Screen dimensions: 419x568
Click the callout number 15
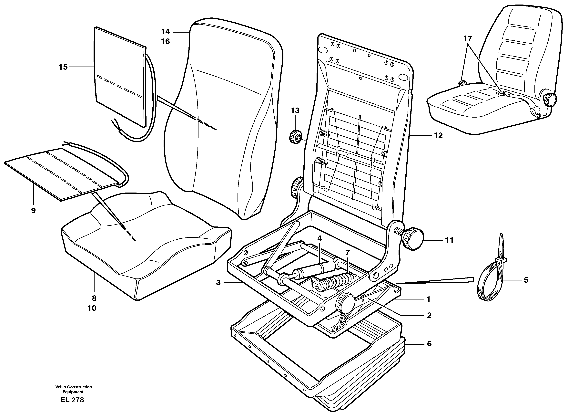(63, 67)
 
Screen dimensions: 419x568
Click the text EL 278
(72, 400)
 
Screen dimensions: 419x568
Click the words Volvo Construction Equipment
(74, 389)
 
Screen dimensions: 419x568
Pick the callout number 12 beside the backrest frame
(438, 136)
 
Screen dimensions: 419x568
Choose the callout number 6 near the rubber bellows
(429, 344)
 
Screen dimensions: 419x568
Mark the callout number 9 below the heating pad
(33, 211)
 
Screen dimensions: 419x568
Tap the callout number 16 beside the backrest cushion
(165, 42)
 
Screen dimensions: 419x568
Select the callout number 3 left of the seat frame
(218, 283)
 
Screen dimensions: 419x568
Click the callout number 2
(429, 316)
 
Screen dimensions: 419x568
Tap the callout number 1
(428, 299)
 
